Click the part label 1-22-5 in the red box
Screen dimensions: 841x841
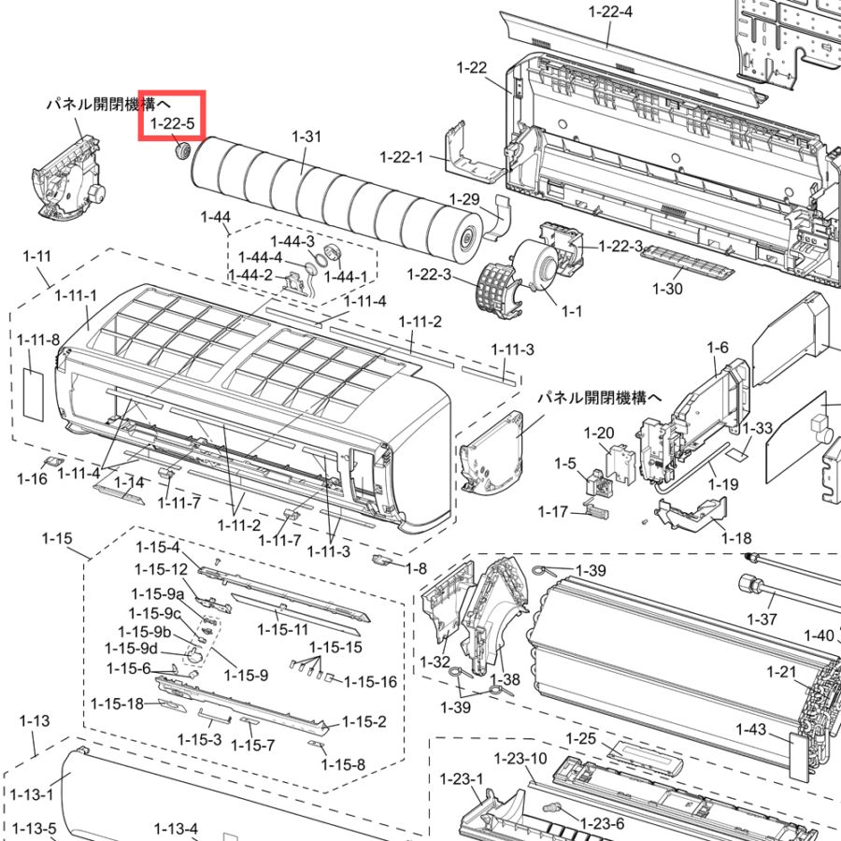[x=172, y=124]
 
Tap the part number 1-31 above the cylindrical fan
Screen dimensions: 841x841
[x=306, y=136]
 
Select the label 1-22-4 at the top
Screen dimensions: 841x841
[x=610, y=11]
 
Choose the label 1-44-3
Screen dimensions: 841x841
[x=292, y=241]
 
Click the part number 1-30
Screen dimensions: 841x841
[x=667, y=289]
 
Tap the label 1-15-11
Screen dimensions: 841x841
[x=282, y=629]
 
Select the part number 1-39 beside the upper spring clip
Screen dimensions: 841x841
[x=592, y=570]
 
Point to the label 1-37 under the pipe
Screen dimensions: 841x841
[x=763, y=619]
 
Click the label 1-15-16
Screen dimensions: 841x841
[x=370, y=682]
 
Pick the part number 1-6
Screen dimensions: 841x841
[x=718, y=348]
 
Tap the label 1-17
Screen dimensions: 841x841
[x=553, y=512]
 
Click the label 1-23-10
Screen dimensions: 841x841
[x=520, y=759]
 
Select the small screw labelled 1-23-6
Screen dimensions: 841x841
[x=550, y=807]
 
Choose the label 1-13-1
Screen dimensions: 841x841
[x=32, y=794]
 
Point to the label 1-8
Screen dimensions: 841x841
[x=416, y=568]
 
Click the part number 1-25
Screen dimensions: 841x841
[x=581, y=738]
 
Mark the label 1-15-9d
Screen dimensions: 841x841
[x=132, y=649]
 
